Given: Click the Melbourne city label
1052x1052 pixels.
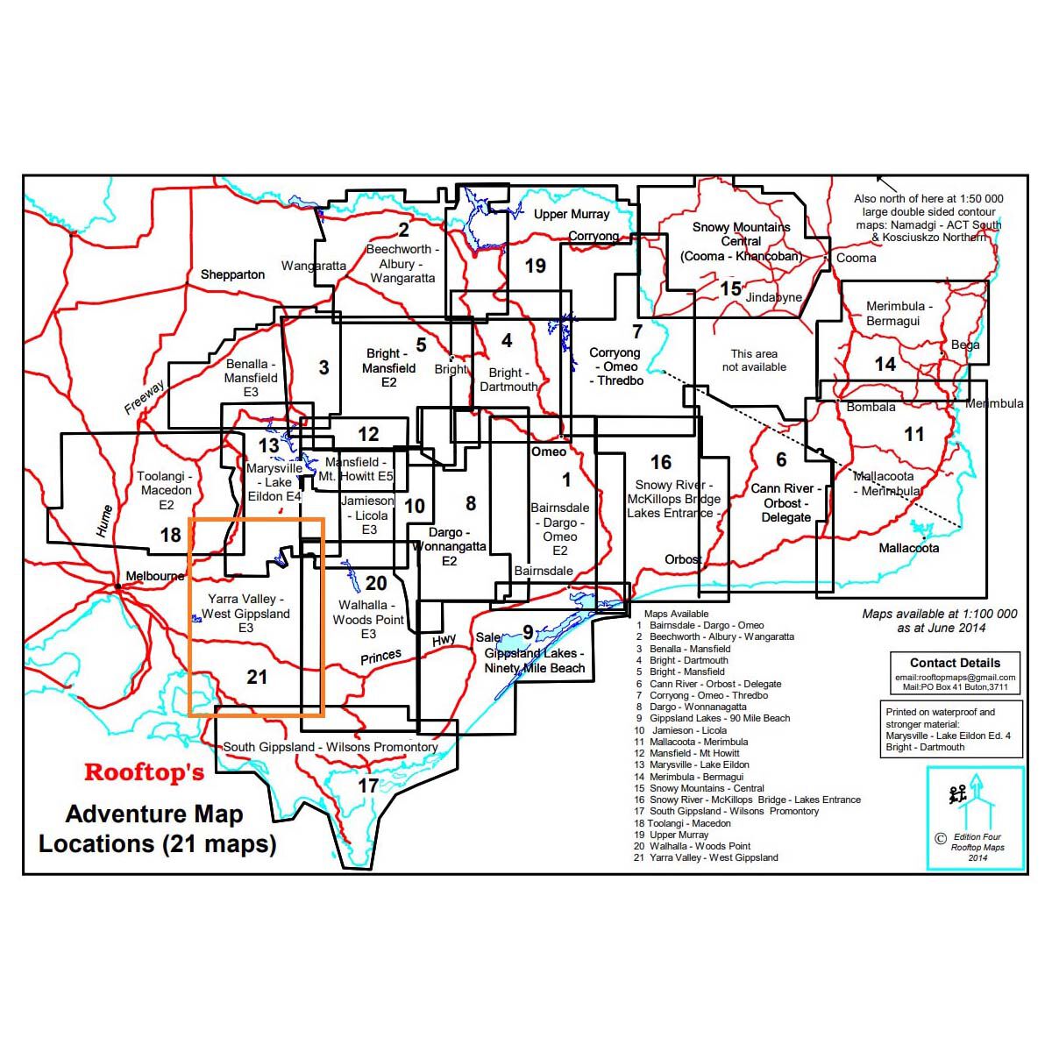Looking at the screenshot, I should point(155,576).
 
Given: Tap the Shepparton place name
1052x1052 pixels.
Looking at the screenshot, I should point(232,274).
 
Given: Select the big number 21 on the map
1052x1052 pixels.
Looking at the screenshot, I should point(257,677).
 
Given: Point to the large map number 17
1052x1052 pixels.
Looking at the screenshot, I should point(368,785).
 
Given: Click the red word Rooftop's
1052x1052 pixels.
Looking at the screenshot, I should point(144,772).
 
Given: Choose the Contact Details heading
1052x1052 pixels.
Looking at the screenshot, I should point(955,663).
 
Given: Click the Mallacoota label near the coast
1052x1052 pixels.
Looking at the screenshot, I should point(908,548).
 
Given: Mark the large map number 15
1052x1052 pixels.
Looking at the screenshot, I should point(730,288).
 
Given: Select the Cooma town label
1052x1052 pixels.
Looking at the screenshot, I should point(856,258).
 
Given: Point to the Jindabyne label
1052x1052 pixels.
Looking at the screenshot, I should point(774,297).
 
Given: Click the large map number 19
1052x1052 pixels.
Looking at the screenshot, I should point(535,266).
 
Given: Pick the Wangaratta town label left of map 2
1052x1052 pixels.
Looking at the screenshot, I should point(313,266).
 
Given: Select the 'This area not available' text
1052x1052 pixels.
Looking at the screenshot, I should point(754,360).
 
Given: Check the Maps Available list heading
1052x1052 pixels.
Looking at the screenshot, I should point(676,614).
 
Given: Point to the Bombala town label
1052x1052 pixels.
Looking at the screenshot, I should point(871,407).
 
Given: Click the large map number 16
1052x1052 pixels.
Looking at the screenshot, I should point(661,462).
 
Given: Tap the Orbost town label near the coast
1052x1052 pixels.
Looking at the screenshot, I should point(683,559).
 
